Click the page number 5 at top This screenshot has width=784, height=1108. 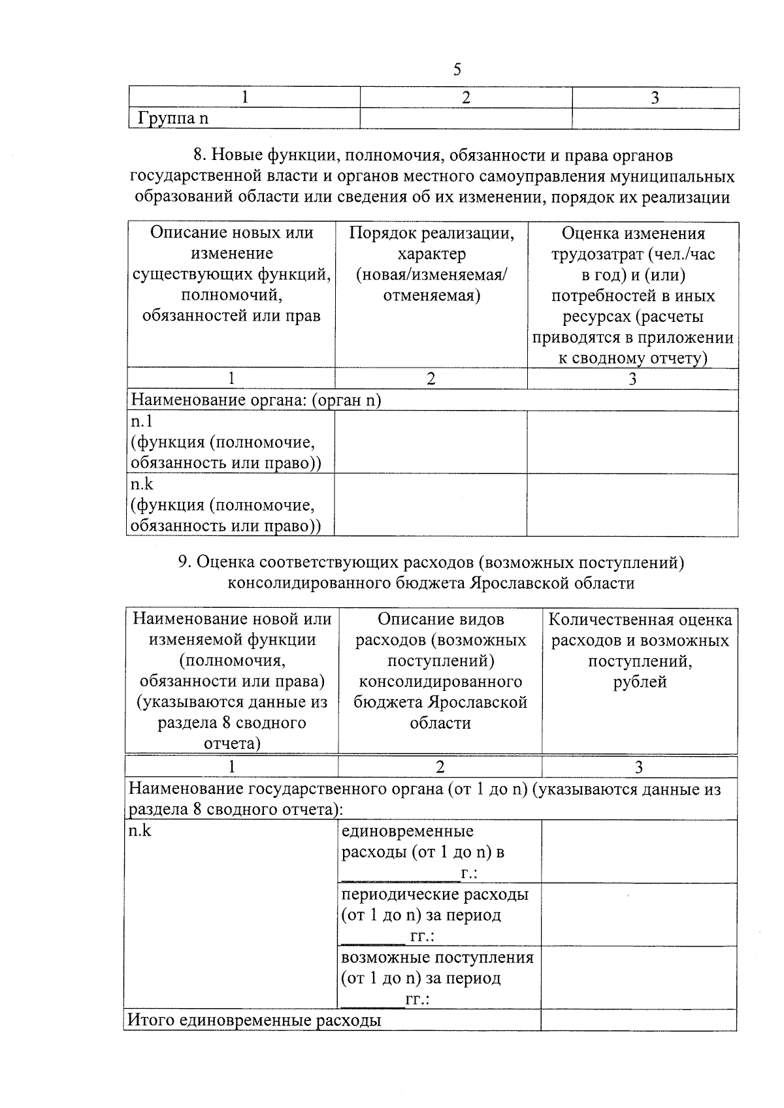457,69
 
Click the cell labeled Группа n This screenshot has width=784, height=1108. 173,118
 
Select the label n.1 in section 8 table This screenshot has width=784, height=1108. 141,421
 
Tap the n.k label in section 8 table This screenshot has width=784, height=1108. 142,484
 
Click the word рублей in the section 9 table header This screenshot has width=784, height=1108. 640,682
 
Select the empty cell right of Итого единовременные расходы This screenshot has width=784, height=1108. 638,1019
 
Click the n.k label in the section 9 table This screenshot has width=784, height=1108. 140,831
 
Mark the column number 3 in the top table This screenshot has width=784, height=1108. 655,97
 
